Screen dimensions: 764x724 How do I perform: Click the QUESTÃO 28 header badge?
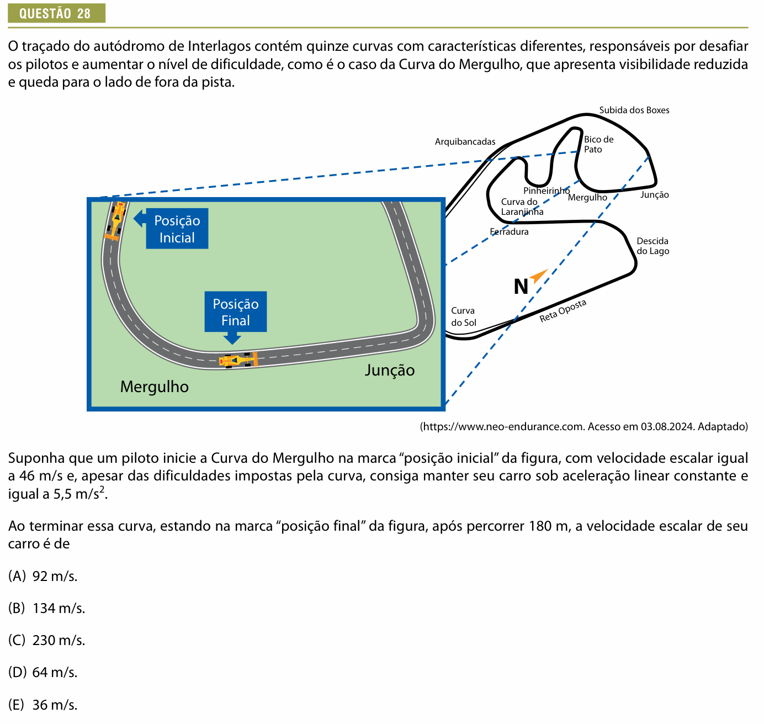pyautogui.click(x=56, y=13)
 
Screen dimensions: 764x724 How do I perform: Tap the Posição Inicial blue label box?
pyautogui.click(x=177, y=228)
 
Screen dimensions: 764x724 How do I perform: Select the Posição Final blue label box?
pyautogui.click(x=236, y=312)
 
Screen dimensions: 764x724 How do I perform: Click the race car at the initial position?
pyautogui.click(x=115, y=220)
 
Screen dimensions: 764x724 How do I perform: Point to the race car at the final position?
pyautogui.click(x=238, y=360)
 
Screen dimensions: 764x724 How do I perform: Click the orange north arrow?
pyautogui.click(x=539, y=276)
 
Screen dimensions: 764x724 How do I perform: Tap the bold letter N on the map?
pyautogui.click(x=521, y=287)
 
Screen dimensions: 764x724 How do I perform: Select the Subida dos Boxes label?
pyautogui.click(x=634, y=110)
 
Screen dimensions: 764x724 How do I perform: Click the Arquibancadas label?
pyautogui.click(x=465, y=141)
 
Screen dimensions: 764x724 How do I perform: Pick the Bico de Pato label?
pyautogui.click(x=598, y=144)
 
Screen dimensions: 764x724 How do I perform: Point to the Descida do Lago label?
pyautogui.click(x=652, y=246)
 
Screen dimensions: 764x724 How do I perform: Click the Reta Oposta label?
pyautogui.click(x=563, y=311)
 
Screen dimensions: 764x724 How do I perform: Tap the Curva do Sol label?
pyautogui.click(x=463, y=316)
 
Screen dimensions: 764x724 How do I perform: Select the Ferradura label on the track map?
pyautogui.click(x=509, y=232)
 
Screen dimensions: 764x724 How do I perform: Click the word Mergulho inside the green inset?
pyautogui.click(x=154, y=387)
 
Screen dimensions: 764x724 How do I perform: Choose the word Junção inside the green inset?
pyautogui.click(x=389, y=370)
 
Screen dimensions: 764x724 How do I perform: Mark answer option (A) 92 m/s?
pyautogui.click(x=43, y=576)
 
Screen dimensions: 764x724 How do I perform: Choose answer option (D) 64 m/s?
pyautogui.click(x=43, y=672)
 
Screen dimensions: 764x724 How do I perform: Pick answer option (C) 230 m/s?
pyautogui.click(x=46, y=640)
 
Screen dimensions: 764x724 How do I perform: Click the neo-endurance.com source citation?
pyautogui.click(x=583, y=426)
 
